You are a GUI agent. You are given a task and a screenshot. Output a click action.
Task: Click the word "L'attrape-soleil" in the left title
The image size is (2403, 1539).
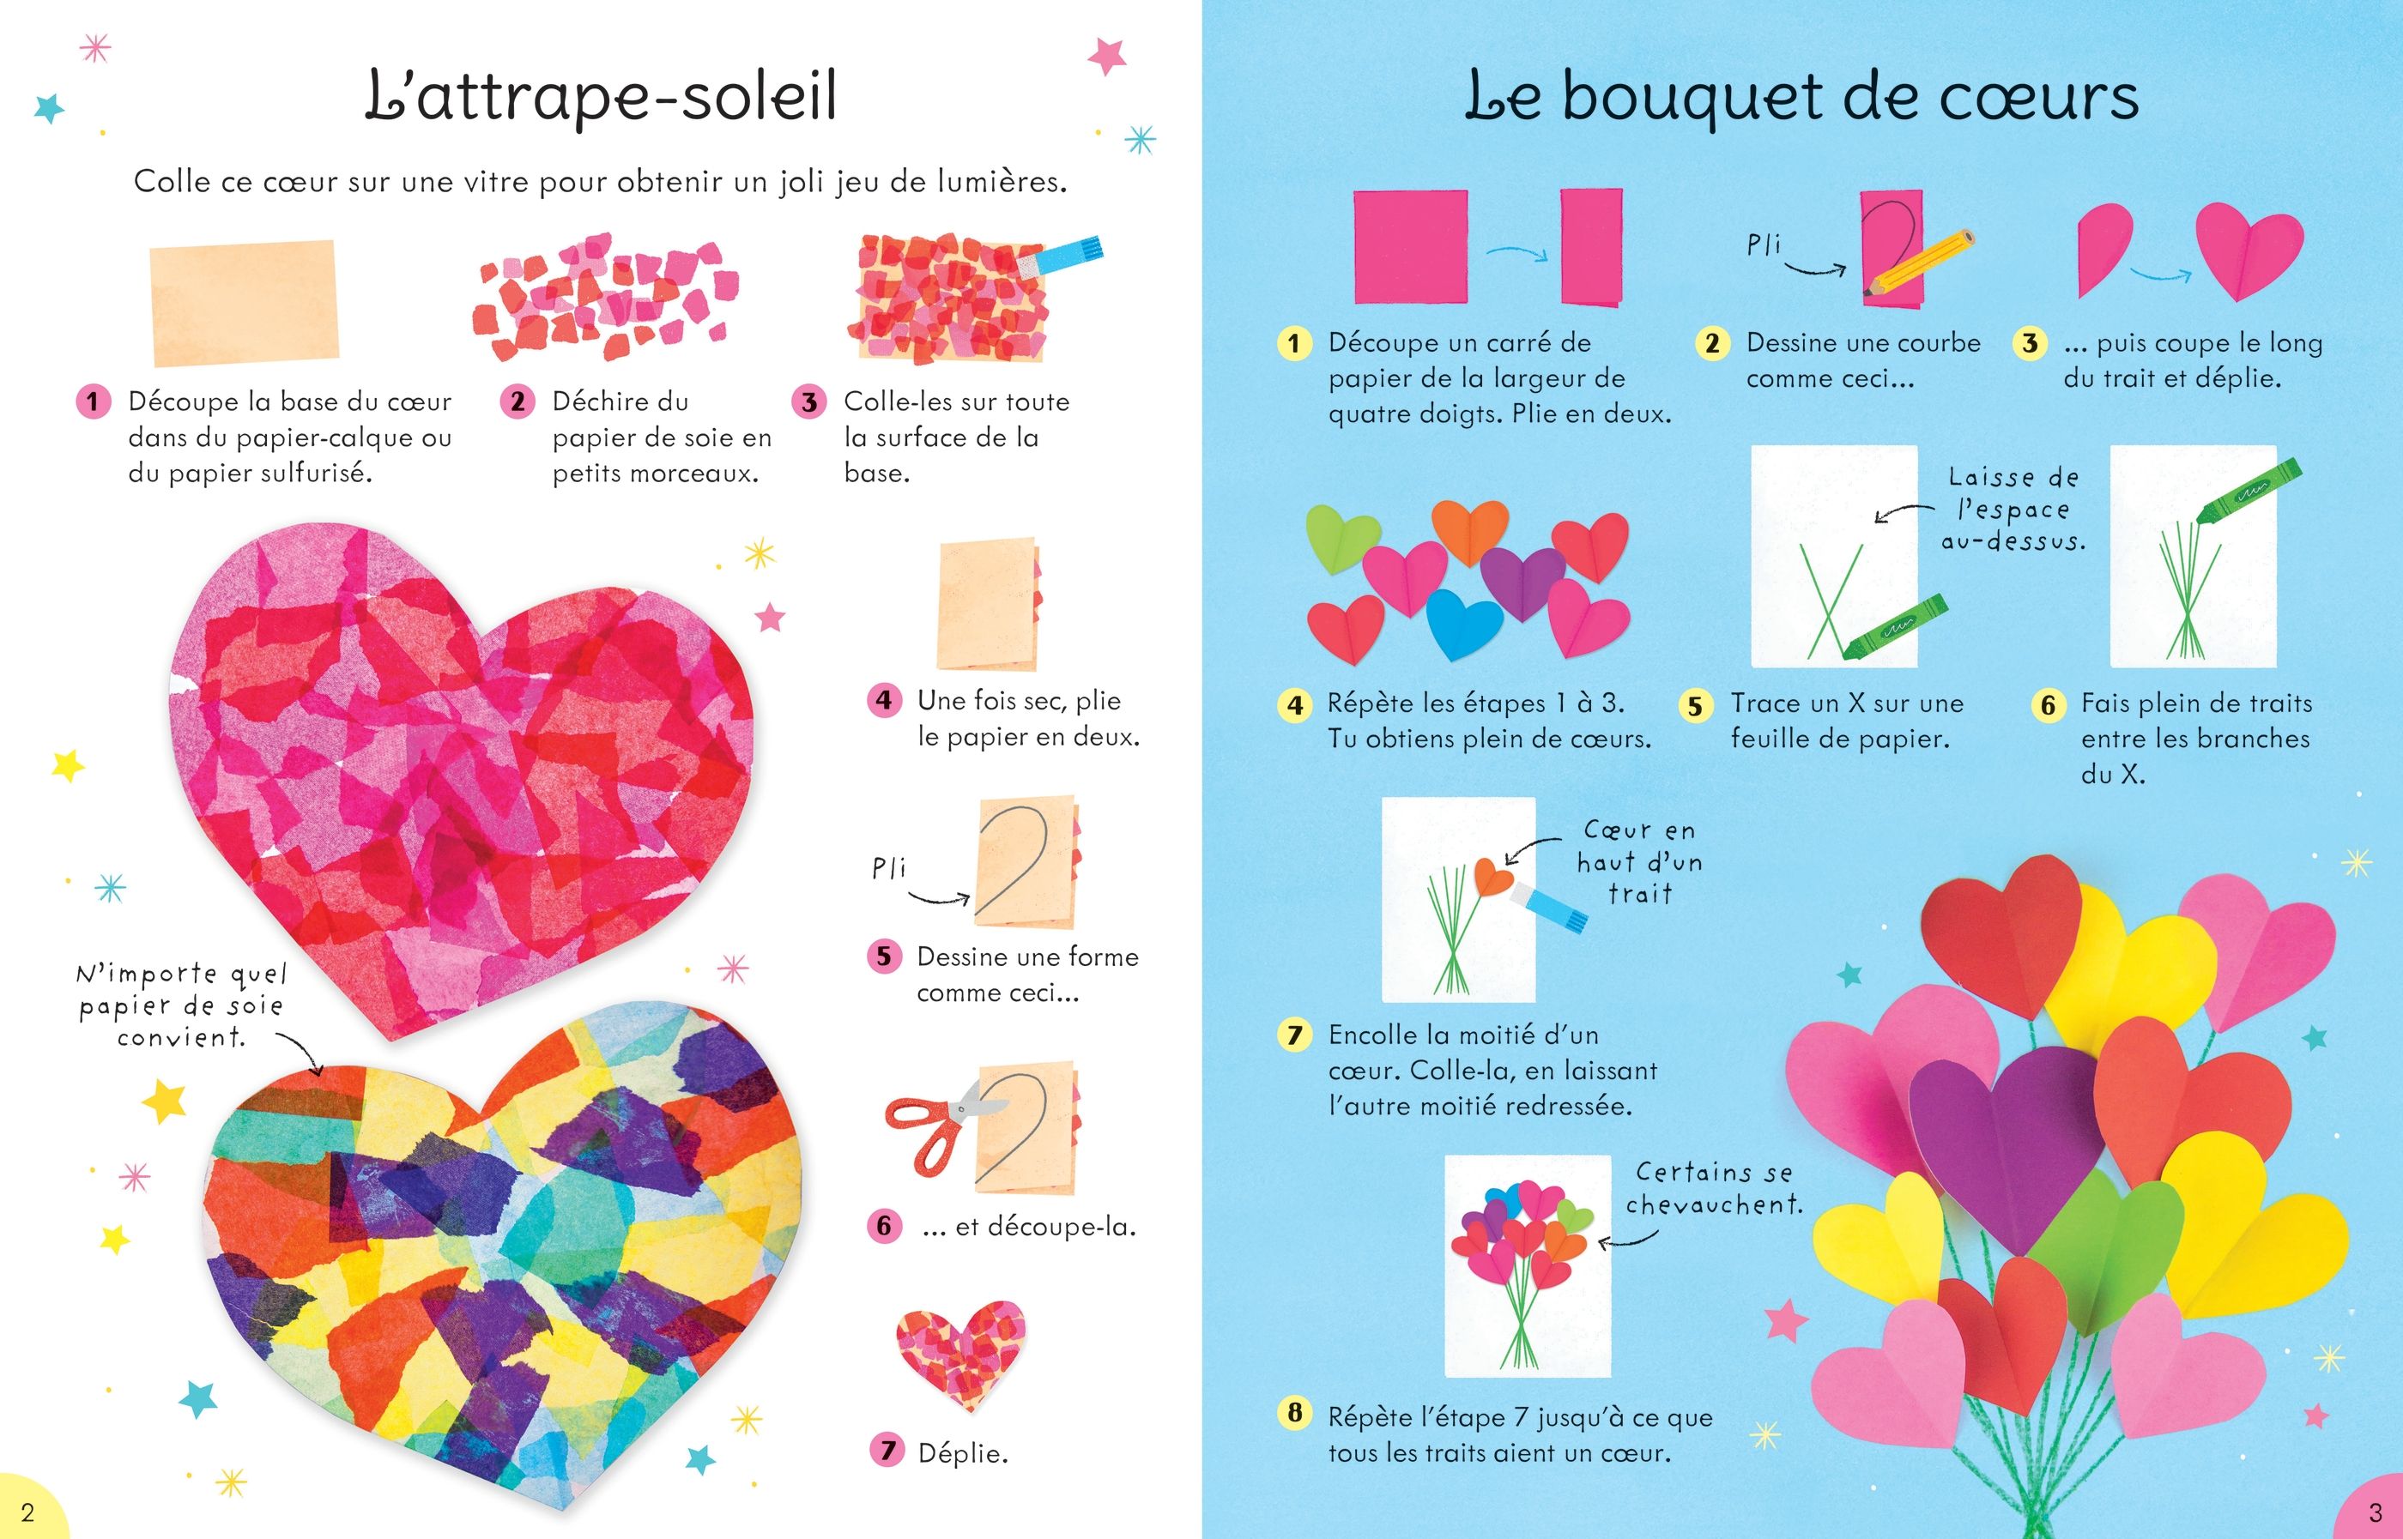click(601, 97)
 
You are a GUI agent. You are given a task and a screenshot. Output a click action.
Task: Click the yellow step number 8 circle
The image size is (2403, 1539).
click(1294, 1414)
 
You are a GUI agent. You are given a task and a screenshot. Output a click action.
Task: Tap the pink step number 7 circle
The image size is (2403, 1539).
click(886, 1449)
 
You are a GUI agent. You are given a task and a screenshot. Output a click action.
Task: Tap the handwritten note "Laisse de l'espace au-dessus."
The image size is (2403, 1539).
click(2013, 510)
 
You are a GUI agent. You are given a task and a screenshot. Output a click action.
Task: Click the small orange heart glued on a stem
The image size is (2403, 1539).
click(1493, 877)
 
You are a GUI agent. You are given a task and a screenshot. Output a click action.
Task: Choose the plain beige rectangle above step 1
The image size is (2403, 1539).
click(244, 302)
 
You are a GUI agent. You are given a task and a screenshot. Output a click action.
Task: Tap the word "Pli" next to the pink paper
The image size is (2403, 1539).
click(1764, 244)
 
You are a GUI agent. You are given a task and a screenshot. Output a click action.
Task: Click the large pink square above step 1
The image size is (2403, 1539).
click(1410, 247)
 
